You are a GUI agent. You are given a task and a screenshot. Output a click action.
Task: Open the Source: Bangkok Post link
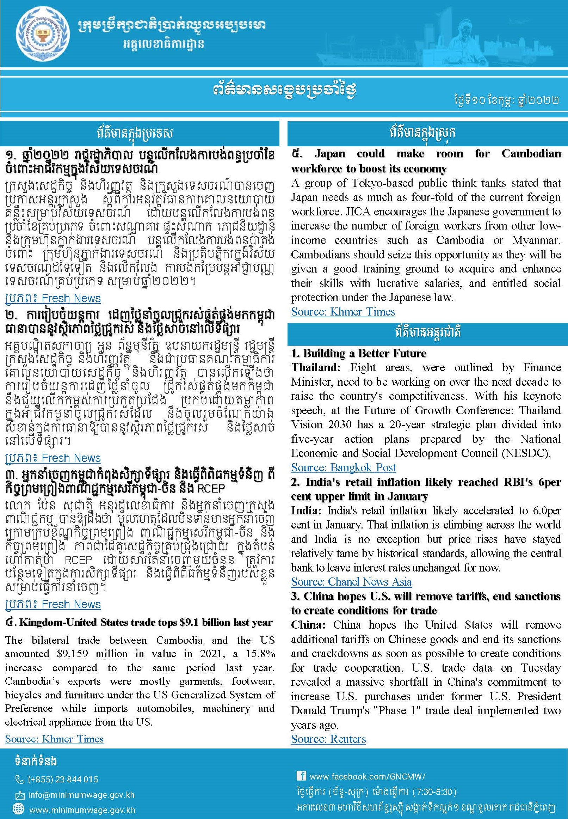(344, 467)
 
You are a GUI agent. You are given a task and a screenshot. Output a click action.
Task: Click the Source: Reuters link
(328, 739)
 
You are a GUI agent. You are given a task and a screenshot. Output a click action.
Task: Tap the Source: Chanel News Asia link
(351, 581)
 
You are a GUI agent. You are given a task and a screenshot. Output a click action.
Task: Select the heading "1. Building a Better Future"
(358, 353)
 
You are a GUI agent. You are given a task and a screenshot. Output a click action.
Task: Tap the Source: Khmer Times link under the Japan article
(343, 312)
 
